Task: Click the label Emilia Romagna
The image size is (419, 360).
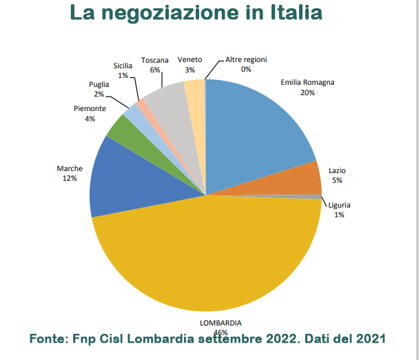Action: [x=307, y=82]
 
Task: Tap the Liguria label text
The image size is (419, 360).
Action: [x=340, y=205]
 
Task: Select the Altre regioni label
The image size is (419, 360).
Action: [x=246, y=60]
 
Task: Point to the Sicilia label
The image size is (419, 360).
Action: [x=123, y=66]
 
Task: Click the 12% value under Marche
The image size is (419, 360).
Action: [x=70, y=178]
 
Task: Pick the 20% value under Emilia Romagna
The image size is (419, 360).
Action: [x=307, y=92]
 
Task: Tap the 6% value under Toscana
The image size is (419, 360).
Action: [x=155, y=70]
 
